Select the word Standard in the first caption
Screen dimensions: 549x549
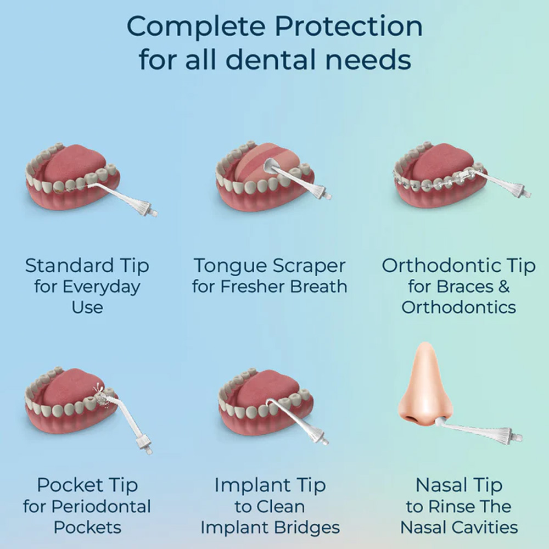(59, 266)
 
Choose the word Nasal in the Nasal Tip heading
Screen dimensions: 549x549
(437, 485)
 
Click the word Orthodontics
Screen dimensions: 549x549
(458, 306)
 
